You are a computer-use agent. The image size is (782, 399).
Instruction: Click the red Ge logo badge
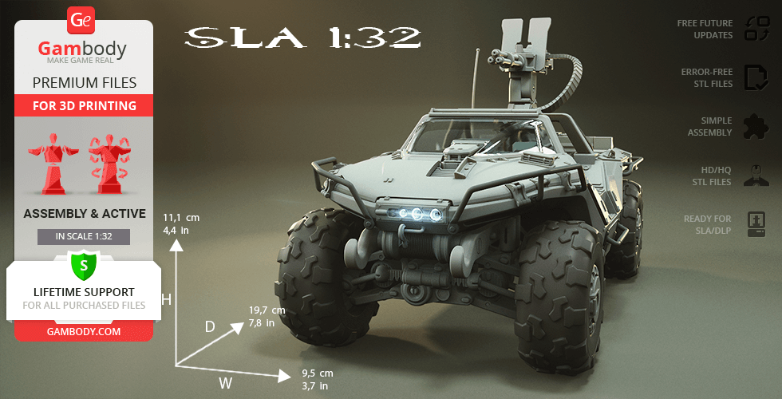81,21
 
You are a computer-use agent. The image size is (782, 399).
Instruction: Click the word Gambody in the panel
82,49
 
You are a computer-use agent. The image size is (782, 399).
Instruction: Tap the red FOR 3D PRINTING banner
85,105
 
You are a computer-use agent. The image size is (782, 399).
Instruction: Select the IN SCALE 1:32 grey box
84,237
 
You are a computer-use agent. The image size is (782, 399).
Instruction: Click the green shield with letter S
84,265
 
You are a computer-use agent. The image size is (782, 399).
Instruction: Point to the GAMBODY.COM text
84,331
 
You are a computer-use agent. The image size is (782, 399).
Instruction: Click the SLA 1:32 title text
302,38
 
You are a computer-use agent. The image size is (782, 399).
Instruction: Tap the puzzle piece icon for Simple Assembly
756,127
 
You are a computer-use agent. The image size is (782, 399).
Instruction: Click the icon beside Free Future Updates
756,29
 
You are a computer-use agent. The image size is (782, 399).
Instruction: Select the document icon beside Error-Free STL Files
756,78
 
